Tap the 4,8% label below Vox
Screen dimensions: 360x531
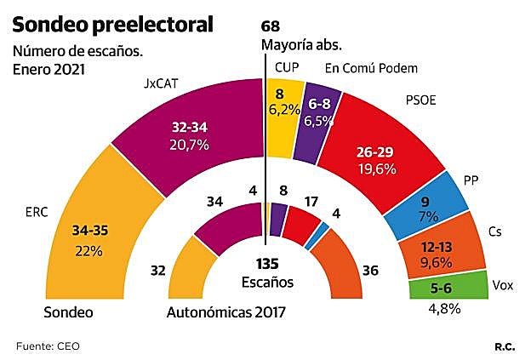coord(443,308)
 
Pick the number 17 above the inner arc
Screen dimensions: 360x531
coord(311,203)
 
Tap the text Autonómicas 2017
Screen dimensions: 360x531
coord(226,312)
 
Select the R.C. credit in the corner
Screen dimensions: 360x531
coord(505,345)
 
